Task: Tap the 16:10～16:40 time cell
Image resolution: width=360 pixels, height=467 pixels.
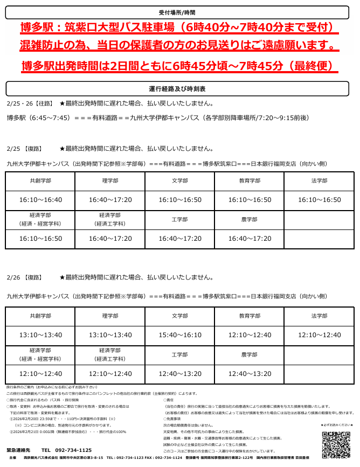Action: tap(40, 200)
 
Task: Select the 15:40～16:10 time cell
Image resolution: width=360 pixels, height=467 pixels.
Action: tap(180, 335)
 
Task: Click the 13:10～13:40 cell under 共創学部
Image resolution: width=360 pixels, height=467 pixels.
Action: tap(40, 335)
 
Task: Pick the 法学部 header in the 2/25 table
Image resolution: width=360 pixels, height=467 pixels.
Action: tap(319, 181)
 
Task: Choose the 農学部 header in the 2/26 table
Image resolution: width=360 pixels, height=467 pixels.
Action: tap(250, 354)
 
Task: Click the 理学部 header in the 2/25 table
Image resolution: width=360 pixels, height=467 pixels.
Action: tap(110, 181)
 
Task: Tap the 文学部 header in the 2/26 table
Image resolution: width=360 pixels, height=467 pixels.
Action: tap(180, 316)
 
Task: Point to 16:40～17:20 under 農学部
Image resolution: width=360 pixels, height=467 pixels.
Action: tap(250, 238)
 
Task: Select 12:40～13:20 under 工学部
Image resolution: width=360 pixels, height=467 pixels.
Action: tap(180, 373)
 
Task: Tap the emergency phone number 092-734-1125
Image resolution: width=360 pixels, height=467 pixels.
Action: tap(67, 450)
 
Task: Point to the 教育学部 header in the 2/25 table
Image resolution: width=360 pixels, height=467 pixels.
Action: tap(250, 181)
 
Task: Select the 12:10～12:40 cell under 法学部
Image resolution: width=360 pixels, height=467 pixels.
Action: tap(319, 335)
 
